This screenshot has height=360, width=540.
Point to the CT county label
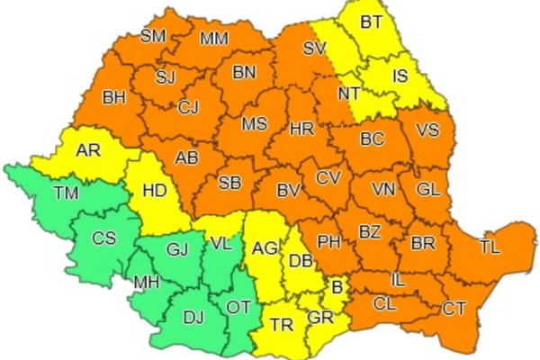(x=454, y=309)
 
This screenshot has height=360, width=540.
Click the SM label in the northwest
(x=154, y=37)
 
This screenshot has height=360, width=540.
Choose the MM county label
(x=214, y=39)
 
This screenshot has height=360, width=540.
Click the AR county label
(x=87, y=150)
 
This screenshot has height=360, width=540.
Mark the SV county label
(x=314, y=49)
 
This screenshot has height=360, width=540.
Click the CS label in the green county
(x=104, y=238)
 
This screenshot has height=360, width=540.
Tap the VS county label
(x=427, y=130)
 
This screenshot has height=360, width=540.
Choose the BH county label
(x=113, y=96)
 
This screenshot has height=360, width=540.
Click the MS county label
(x=254, y=124)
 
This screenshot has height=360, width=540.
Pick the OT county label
(x=238, y=307)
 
